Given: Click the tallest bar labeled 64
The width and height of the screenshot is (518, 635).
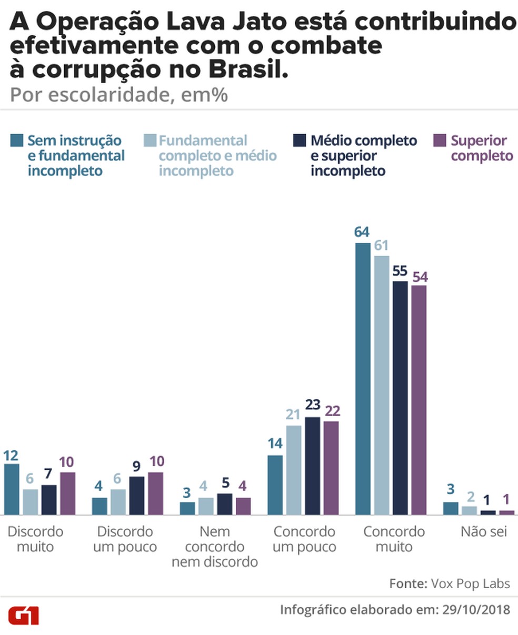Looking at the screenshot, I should click(363, 379).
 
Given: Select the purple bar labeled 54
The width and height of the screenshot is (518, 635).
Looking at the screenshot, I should click(419, 400).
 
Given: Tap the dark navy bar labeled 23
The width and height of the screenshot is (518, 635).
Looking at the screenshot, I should click(313, 466).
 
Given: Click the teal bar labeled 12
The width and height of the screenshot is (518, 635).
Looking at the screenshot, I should click(12, 489).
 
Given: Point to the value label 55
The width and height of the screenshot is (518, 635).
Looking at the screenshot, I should click(400, 271).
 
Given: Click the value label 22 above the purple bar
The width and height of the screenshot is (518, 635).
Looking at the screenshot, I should click(332, 410).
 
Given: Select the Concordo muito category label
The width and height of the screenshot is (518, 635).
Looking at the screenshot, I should click(394, 539).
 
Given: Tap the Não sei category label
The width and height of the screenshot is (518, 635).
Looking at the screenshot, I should click(483, 531).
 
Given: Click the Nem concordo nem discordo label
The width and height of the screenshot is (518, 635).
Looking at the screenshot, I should click(215, 547).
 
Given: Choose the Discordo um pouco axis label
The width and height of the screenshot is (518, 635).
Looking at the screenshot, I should click(125, 539).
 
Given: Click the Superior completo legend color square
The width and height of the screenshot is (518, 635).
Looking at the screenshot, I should click(440, 140).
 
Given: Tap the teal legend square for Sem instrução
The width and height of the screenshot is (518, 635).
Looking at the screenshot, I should click(17, 140).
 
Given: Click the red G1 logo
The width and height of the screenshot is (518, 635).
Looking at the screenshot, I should click(23, 614).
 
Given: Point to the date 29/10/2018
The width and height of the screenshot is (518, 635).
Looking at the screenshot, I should click(476, 609).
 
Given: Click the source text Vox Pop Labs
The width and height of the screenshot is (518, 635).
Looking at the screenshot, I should click(470, 583).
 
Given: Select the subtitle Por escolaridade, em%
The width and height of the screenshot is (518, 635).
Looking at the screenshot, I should click(118, 95).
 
